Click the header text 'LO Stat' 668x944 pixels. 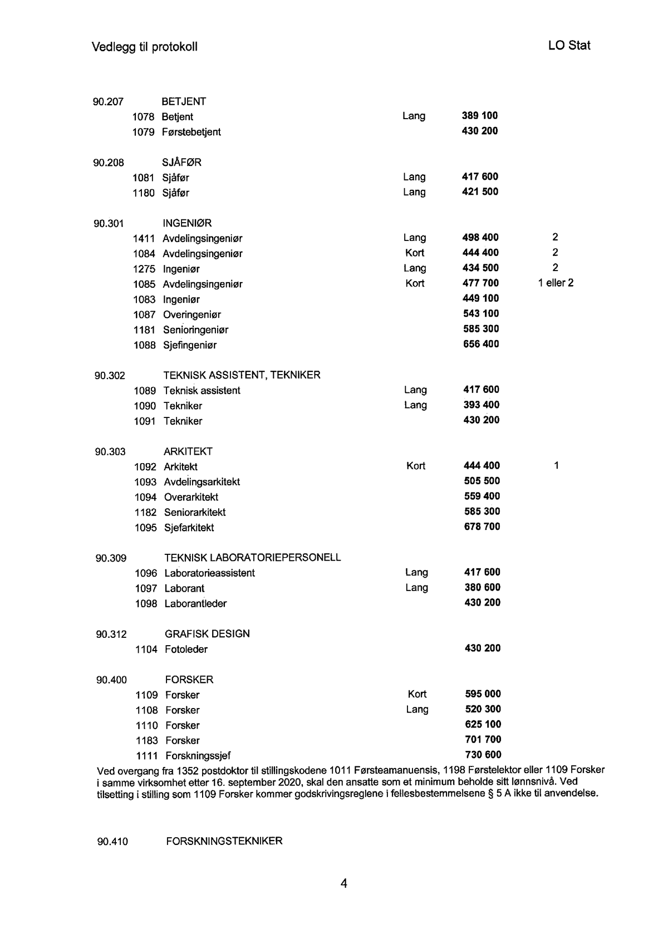pos(569,46)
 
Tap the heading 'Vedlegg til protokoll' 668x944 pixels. pos(145,47)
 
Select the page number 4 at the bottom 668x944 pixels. pos(344,883)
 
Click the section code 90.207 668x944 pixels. pos(108,101)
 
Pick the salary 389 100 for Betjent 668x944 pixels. pos(480,116)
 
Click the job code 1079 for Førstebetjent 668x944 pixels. pos(143,132)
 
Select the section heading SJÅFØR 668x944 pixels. pos(181,163)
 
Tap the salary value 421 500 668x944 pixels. pos(480,191)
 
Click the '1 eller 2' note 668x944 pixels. pos(556,283)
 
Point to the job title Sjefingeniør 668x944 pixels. pos(190,345)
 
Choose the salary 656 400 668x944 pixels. pos(481,344)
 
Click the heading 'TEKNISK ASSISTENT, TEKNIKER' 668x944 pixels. pos(242,375)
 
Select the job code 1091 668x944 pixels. pos(145,421)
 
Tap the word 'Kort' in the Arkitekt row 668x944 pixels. pos(416,466)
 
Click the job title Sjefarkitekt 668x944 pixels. pos(189,528)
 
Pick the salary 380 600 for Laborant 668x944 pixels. pos(482,587)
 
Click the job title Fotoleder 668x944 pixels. pos(186,650)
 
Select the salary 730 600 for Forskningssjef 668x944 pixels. pos(483,755)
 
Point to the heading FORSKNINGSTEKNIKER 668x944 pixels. pos(224,841)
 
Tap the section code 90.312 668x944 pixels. pos(111,634)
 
